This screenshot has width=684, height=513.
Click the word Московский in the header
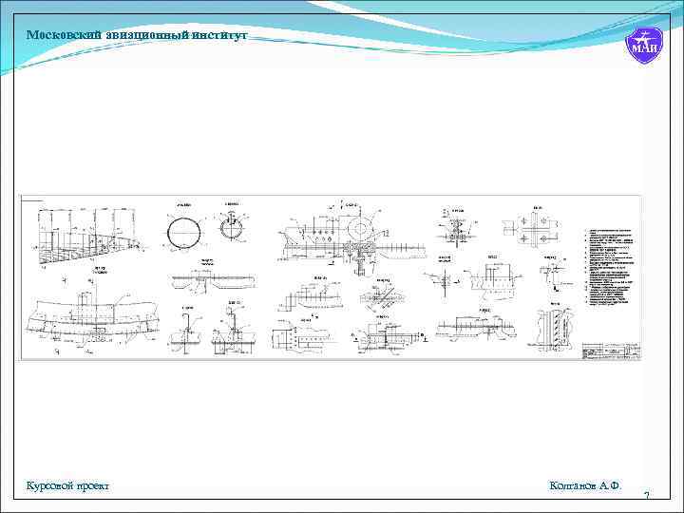coord(58,35)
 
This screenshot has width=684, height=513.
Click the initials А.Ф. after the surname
coord(613,485)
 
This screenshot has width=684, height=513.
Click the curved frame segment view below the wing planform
coord(90,318)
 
